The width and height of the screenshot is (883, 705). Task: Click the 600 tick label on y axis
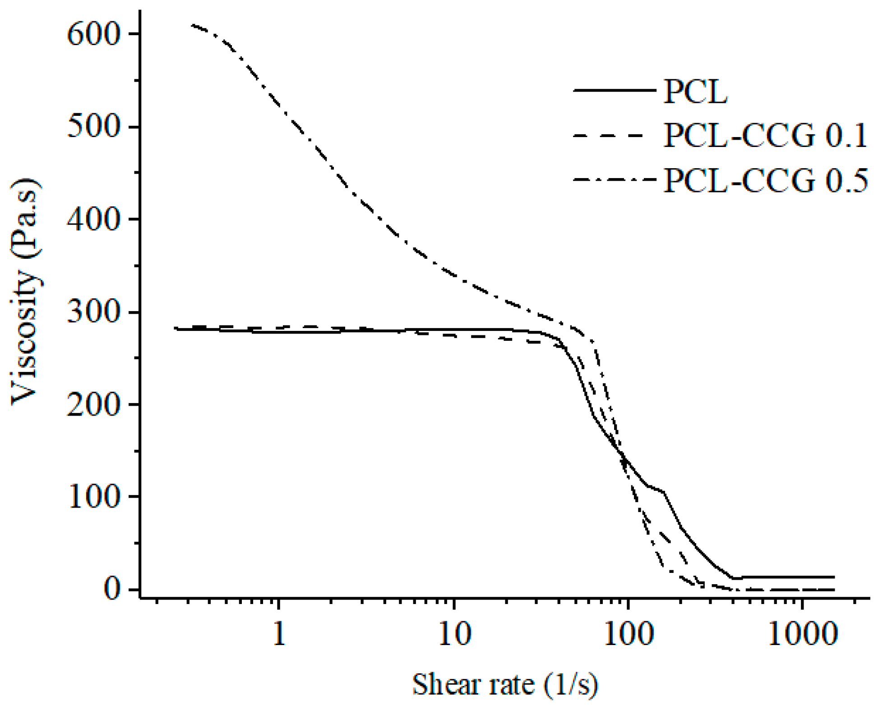click(x=94, y=34)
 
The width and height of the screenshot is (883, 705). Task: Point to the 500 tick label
click(x=94, y=127)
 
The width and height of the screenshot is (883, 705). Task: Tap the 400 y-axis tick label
click(x=94, y=220)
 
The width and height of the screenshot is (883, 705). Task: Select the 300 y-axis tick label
click(x=94, y=312)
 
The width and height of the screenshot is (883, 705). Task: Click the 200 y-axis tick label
click(x=94, y=404)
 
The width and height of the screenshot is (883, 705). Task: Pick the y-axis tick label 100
click(x=94, y=497)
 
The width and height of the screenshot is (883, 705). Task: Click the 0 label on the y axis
click(x=112, y=589)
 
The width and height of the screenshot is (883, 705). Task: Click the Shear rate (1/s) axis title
click(x=505, y=684)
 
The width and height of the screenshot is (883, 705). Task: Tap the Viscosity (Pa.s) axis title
click(x=26, y=292)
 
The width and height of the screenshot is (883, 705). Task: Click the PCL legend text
click(x=695, y=92)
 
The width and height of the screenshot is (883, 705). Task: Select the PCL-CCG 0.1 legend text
click(x=765, y=135)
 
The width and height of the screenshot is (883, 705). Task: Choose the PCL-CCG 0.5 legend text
click(x=765, y=180)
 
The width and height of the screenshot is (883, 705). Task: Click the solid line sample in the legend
click(x=614, y=91)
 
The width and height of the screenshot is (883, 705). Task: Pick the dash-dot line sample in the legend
click(x=614, y=180)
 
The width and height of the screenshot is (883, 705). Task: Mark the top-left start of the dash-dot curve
click(x=192, y=25)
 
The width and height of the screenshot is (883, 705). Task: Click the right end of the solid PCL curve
click(x=833, y=577)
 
